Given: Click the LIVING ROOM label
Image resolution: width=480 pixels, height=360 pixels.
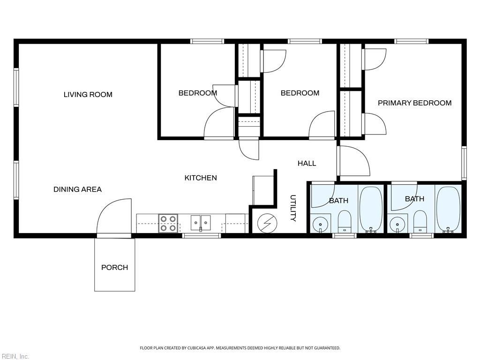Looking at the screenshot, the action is click(88, 95).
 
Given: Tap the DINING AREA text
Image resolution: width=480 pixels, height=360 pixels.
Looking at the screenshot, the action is click(77, 189).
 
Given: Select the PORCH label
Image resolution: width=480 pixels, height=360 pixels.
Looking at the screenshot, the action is click(114, 267).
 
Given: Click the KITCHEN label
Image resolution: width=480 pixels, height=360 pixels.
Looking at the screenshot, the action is click(201, 178).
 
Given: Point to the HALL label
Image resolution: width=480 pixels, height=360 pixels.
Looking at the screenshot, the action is click(307, 163).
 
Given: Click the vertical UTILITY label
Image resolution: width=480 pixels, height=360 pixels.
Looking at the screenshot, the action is click(293, 208).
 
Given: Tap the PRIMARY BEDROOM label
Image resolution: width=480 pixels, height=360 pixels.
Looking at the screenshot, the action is click(414, 103).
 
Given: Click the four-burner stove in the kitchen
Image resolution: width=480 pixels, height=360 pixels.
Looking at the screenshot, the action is click(168, 223).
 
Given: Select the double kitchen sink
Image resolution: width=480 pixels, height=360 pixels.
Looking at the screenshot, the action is click(201, 222).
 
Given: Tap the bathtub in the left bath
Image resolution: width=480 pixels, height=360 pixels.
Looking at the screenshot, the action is click(371, 209).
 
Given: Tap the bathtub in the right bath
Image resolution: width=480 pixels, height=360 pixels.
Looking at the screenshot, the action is click(448, 209).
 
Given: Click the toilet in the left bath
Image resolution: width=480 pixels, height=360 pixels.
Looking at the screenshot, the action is click(345, 221).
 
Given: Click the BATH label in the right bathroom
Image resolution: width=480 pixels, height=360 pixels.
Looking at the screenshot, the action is click(414, 199).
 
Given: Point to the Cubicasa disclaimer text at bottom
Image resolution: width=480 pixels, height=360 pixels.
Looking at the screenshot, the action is click(240, 348).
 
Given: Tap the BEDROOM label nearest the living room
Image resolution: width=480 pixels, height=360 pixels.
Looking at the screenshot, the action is click(197, 93).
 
